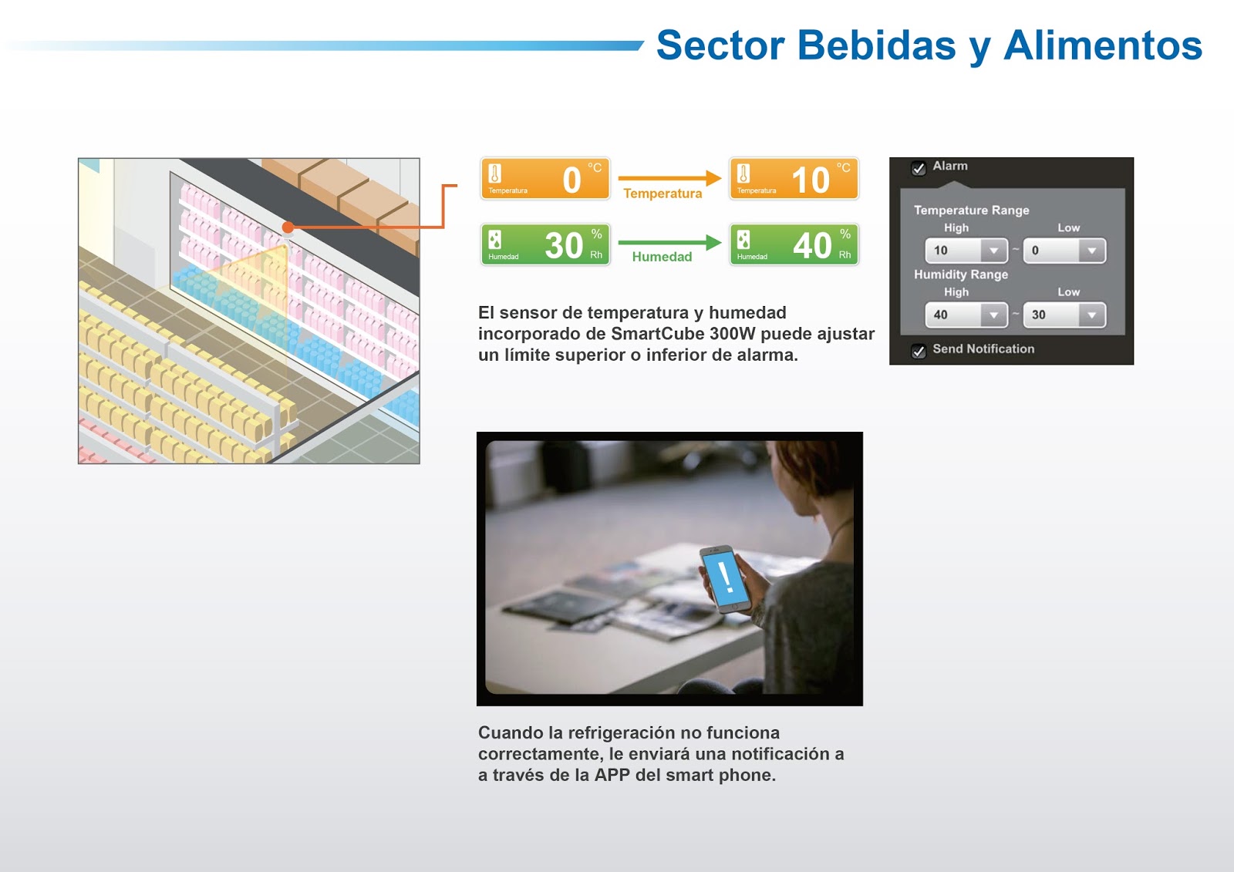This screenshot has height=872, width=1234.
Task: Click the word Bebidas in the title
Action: click(x=876, y=45)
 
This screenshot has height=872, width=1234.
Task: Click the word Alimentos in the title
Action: click(x=1103, y=45)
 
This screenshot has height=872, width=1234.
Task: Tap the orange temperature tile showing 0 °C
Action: click(x=545, y=178)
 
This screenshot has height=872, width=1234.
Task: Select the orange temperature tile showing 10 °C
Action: click(x=794, y=178)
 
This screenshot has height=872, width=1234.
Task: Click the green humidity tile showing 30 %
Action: click(x=545, y=244)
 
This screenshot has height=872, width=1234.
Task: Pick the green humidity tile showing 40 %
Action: click(x=794, y=244)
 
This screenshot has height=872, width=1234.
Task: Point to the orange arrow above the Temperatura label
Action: click(x=669, y=178)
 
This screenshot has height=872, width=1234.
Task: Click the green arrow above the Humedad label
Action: click(x=669, y=242)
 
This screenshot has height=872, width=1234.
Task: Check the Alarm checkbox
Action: click(x=919, y=168)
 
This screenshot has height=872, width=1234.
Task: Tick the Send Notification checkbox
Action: click(x=919, y=351)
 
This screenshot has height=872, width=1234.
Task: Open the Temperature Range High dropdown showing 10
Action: click(x=966, y=251)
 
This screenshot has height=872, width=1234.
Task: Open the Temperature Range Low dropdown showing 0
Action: click(x=1064, y=251)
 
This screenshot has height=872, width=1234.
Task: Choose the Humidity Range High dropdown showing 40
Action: click(x=966, y=315)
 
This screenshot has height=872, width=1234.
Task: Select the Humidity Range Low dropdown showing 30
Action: click(x=1064, y=315)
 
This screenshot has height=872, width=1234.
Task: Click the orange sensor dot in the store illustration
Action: click(x=288, y=227)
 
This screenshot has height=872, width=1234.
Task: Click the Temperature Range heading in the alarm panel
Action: click(x=971, y=210)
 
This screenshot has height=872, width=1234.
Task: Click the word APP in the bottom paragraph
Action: click(x=612, y=775)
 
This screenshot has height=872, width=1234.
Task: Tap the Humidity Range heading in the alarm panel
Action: click(x=961, y=274)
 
